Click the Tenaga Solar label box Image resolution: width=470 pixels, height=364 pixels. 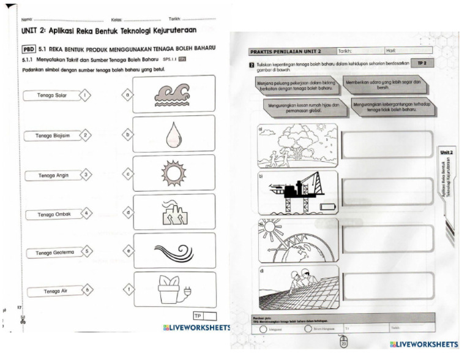[x=53, y=96]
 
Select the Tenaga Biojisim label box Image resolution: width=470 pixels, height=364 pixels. [x=53, y=135]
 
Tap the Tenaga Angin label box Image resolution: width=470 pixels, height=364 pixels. [x=53, y=175]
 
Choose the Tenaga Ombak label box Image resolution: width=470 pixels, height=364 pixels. [x=54, y=214]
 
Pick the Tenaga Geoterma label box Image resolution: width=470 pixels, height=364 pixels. [x=54, y=252]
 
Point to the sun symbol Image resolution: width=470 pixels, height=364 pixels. [x=173, y=173]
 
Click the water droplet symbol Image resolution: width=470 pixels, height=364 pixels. [x=173, y=134]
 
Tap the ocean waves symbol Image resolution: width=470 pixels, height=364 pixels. [x=173, y=95]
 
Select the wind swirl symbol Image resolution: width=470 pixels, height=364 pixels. [x=173, y=251]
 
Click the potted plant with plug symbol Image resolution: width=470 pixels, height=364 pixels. [x=173, y=290]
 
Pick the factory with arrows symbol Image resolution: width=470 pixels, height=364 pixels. [x=173, y=213]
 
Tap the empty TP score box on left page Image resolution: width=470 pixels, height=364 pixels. [x=210, y=316]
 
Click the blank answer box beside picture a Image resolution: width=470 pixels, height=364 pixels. [x=387, y=145]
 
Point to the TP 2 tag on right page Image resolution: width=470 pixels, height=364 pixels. [x=421, y=64]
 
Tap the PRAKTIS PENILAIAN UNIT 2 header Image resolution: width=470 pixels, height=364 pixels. [x=285, y=51]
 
